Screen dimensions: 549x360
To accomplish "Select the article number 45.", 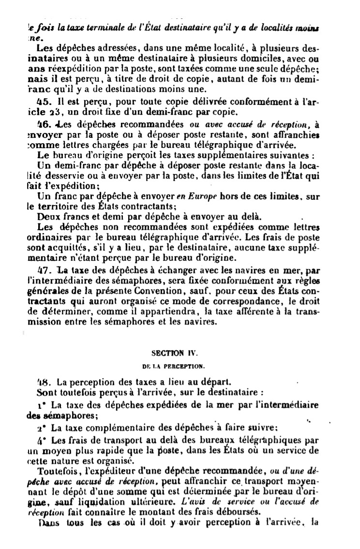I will coord(45,102).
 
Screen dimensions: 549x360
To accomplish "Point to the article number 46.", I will coord(45,123).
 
